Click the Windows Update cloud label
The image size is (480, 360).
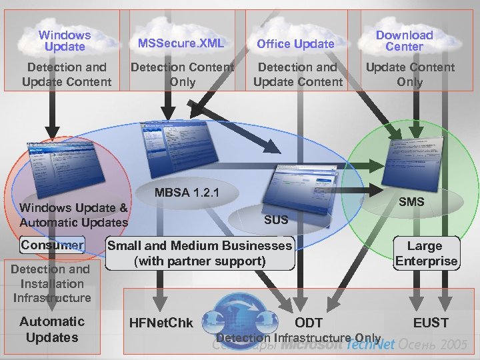65,41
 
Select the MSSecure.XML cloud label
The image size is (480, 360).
181,43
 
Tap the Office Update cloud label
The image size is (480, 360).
296,44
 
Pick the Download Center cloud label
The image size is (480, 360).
404,41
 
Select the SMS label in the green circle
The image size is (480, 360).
411,201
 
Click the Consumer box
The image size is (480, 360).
53,245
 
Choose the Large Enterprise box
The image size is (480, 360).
426,253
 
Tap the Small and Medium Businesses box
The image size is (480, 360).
200,253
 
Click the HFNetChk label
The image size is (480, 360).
162,323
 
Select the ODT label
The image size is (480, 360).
309,323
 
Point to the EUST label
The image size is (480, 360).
431,323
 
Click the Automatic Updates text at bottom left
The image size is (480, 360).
52,329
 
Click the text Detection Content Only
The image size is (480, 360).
182,74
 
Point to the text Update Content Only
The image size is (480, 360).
410,74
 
